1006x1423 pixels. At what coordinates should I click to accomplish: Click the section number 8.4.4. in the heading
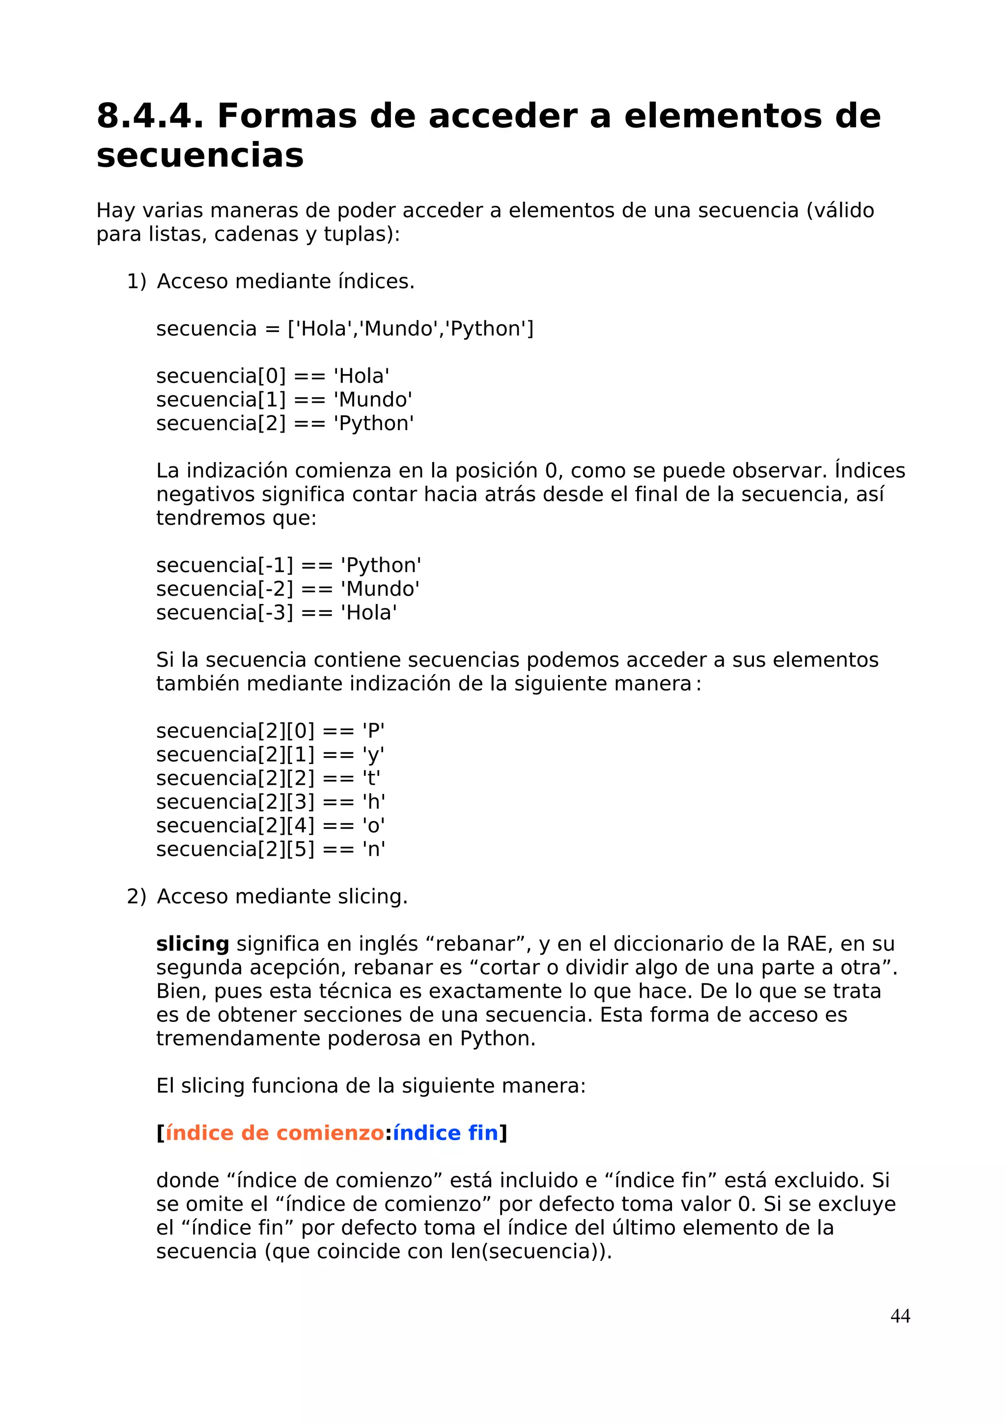coord(149,116)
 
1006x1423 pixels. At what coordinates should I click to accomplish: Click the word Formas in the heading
coord(286,116)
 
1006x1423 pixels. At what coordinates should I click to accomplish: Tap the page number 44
coord(899,1316)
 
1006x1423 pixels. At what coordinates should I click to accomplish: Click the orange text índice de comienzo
coord(275,1133)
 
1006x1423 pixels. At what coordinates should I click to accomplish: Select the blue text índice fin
coord(445,1133)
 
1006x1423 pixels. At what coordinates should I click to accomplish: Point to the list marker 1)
coord(137,281)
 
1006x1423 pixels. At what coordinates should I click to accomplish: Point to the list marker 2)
coord(137,896)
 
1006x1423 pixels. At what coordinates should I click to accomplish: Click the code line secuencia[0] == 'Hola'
coord(273,376)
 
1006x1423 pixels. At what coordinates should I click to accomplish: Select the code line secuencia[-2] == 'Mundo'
coord(288,589)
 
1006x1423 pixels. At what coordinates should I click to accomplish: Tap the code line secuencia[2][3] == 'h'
coord(270,802)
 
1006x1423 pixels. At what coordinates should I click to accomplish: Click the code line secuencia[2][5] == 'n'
coord(270,849)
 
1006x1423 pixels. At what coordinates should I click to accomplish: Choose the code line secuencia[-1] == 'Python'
coord(288,565)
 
